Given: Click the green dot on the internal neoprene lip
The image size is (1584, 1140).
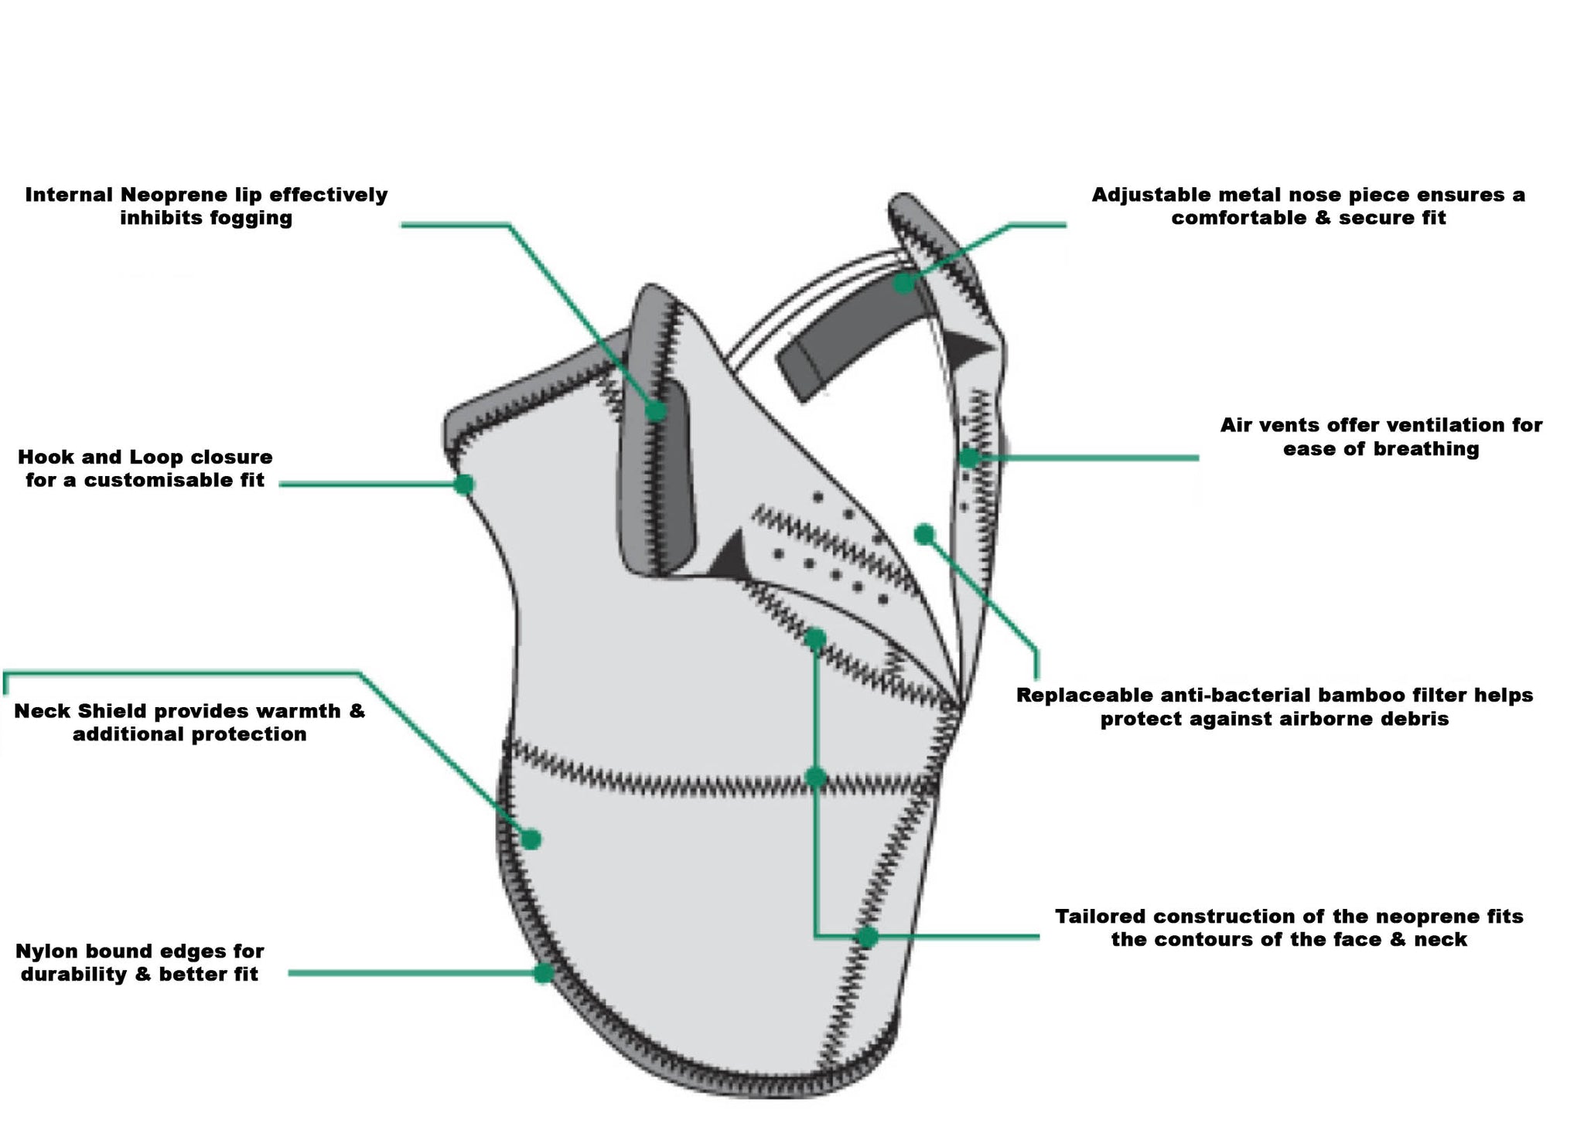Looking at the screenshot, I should point(656,410).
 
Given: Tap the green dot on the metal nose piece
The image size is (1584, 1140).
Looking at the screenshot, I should point(903,283).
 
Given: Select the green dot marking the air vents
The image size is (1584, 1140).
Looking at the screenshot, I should point(969,458).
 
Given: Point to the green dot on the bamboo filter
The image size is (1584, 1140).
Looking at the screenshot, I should point(924,533).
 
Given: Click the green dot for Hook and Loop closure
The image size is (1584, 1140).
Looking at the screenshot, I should point(463,485).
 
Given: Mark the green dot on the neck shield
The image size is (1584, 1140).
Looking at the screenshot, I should point(531,839).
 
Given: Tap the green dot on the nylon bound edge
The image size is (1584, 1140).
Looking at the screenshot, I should point(544,973).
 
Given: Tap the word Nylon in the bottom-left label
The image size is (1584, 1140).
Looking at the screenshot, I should point(46,951).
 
